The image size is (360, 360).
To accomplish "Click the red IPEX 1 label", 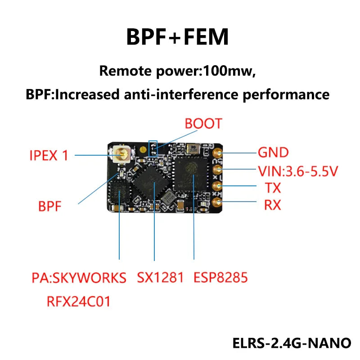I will [x=49, y=156].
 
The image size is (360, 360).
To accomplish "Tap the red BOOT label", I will [x=203, y=124].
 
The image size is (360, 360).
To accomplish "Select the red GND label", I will [x=273, y=153].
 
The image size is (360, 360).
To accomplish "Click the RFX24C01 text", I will [x=78, y=301].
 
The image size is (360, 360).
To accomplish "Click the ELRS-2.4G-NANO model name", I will [x=292, y=343].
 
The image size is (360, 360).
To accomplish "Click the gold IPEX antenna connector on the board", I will [x=121, y=155].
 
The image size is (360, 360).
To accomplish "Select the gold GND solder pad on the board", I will [x=218, y=153].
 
